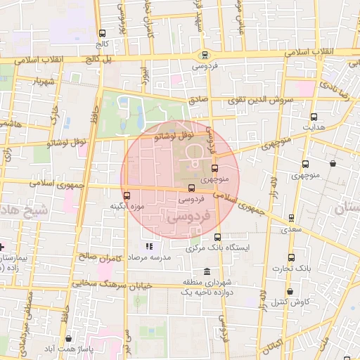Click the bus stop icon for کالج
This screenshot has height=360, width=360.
coord(103,34)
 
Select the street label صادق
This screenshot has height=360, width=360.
coord(199,101)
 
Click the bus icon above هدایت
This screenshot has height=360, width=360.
coord(314,117)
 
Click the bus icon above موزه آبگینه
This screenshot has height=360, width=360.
coord(127,196)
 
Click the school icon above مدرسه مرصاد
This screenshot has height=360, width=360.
coord(149,247)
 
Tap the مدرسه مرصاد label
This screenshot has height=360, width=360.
coord(149,258)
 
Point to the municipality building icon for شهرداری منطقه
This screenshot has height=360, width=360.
coord(206,272)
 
